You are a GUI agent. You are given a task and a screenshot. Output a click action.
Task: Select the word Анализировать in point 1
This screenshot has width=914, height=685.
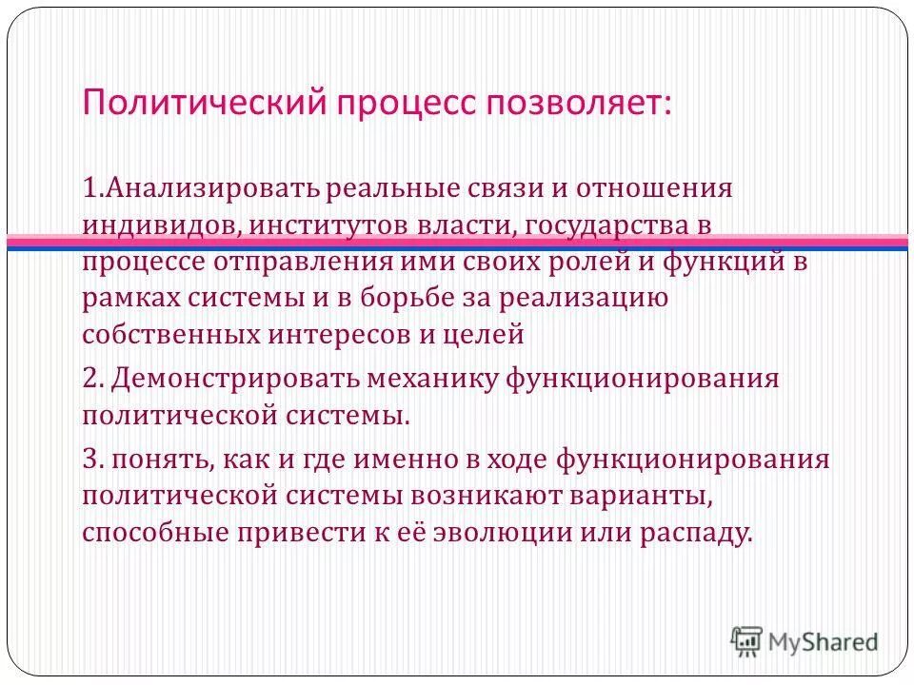pos(200,187)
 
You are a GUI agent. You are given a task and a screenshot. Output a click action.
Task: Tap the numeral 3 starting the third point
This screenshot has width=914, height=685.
pos(90,460)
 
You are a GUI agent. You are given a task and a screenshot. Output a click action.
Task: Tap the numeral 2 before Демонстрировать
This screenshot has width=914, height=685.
pos(90,379)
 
